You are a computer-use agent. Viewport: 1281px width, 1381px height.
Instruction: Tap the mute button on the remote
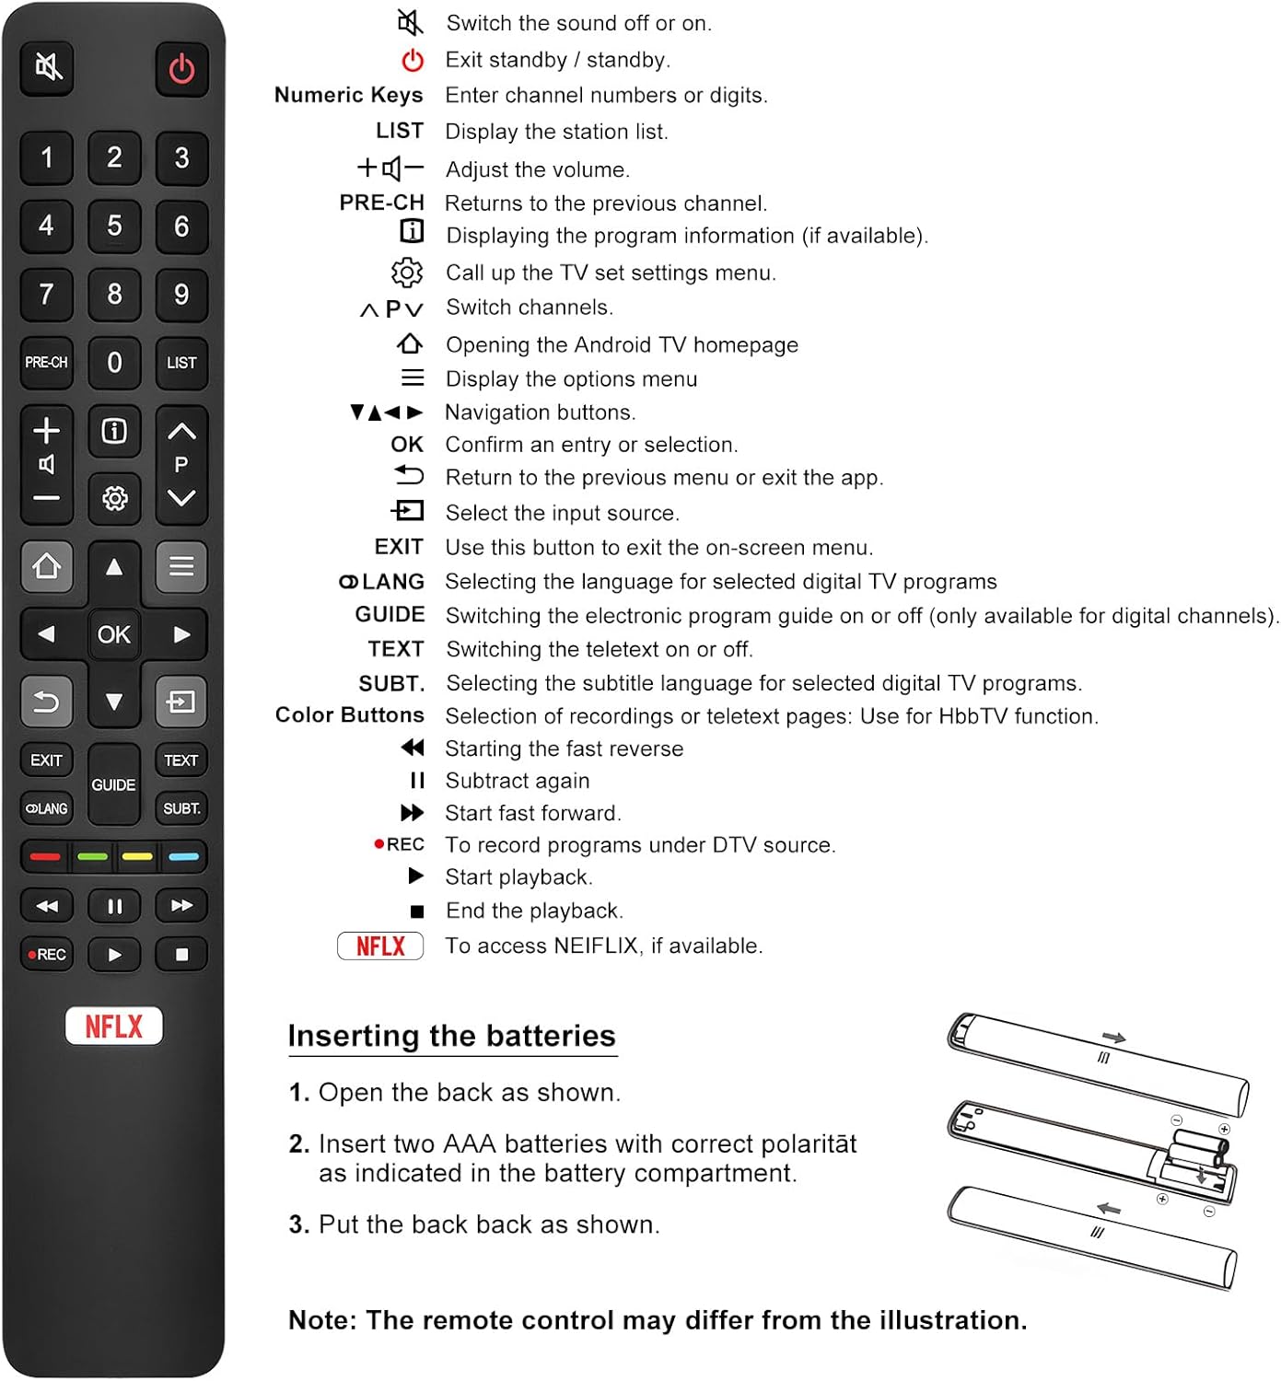pyautogui.click(x=48, y=66)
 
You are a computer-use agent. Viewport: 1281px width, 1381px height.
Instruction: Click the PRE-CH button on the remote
pyautogui.click(x=46, y=363)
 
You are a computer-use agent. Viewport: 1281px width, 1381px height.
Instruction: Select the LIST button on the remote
pyautogui.click(x=181, y=363)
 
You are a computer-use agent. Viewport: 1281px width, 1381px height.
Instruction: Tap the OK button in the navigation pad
pyautogui.click(x=114, y=634)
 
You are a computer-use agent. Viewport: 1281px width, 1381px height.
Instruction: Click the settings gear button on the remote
pyautogui.click(x=114, y=498)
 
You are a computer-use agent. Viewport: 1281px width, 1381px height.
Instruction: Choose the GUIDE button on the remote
pyautogui.click(x=113, y=784)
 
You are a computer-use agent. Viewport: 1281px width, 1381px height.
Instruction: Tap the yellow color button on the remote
pyautogui.click(x=137, y=856)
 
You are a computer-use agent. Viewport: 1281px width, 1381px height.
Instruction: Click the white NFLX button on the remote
pyautogui.click(x=114, y=1026)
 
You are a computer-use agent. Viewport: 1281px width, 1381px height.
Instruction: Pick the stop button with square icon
pyautogui.click(x=181, y=955)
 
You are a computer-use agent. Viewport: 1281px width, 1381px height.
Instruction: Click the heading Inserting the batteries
pyautogui.click(x=451, y=1036)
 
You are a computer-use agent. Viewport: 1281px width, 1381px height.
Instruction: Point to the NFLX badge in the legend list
pyautogui.click(x=380, y=946)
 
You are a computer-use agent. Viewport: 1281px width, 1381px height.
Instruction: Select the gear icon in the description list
pyautogui.click(x=407, y=273)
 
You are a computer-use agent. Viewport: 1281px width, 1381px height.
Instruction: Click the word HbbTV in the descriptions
pyautogui.click(x=972, y=716)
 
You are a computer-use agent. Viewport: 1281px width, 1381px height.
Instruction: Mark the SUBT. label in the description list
pyautogui.click(x=391, y=683)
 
